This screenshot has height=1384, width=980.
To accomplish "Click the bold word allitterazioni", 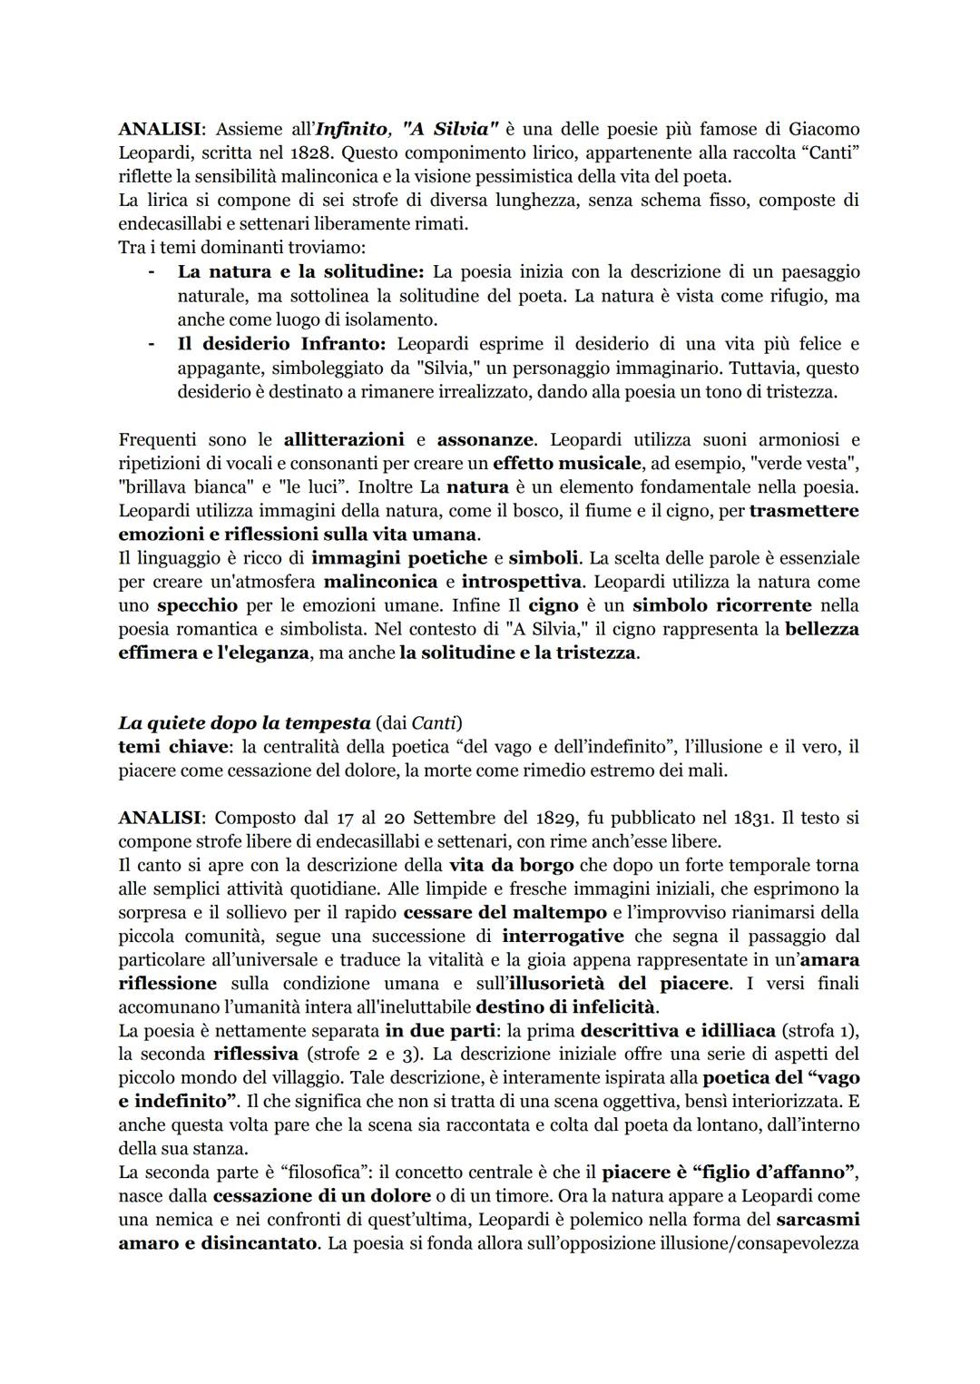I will [344, 440].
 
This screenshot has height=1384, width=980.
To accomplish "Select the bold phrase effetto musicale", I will [567, 464].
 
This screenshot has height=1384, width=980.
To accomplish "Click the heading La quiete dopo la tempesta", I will [244, 723].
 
